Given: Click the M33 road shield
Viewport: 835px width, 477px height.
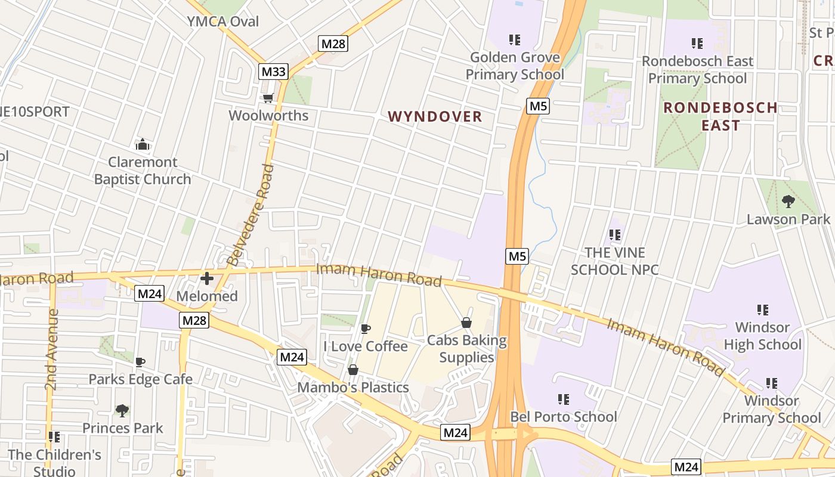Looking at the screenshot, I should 274,72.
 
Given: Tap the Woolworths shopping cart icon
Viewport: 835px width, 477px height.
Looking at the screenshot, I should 268,98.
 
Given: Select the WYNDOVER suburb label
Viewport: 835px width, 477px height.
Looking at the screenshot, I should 435,116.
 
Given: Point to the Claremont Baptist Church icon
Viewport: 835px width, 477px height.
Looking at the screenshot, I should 142,144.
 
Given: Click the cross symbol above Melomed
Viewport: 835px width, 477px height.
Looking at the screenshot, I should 207,278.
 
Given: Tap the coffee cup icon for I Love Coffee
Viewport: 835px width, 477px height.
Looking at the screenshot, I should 366,329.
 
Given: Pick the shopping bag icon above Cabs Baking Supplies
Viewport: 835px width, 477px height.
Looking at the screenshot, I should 466,323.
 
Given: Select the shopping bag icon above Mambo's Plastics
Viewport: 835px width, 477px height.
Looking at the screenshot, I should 353,370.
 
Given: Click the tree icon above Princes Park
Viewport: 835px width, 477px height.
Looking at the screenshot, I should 122,410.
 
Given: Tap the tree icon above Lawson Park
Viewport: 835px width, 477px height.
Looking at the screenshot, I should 788,202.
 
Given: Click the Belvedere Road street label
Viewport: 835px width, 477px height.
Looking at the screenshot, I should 250,215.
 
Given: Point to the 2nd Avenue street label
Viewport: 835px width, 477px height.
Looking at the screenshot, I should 52,349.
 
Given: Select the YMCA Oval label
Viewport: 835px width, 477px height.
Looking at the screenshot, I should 223,21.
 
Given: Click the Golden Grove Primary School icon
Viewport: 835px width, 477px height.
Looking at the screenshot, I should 515,40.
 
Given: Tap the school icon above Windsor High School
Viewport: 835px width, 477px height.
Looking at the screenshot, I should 762,309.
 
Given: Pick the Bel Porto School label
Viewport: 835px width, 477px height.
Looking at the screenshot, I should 564,416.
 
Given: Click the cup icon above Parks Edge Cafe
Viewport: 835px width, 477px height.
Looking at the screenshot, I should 140,362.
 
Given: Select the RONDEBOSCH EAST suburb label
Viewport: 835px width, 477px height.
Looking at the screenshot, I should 720,116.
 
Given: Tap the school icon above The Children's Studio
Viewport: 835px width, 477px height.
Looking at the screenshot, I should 54,437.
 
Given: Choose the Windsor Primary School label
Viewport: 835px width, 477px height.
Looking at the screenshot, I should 772,409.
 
